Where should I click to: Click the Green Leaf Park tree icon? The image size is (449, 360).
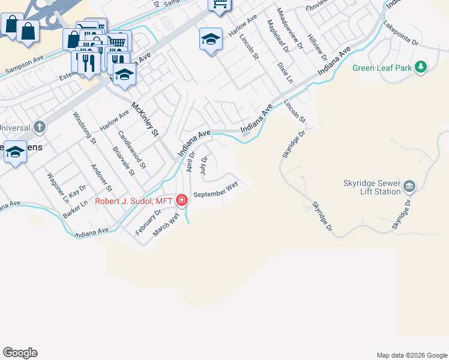(x=421, y=67)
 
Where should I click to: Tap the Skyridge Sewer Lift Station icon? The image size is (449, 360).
(x=409, y=186)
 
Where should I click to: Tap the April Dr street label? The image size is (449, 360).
(x=191, y=161)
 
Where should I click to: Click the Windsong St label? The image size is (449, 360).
(x=85, y=127)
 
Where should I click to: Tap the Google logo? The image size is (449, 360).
(x=20, y=353)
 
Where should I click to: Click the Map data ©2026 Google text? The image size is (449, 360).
(x=412, y=355)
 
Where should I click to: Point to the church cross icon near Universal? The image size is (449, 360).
(x=39, y=127)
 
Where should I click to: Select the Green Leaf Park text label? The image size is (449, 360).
(x=382, y=68)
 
